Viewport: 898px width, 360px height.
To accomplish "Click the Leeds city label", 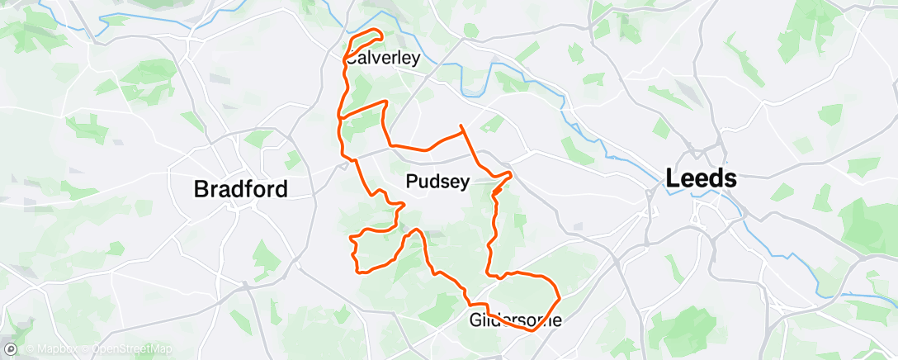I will pos(702,178).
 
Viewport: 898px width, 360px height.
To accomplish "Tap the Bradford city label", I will pos(240,189).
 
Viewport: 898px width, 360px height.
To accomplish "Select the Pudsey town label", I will pos(438,182).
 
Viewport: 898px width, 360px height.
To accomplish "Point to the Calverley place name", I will pos(382,59).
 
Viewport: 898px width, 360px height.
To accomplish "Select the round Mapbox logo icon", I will pos(11,349).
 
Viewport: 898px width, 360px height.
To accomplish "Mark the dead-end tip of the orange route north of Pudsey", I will pos(460,125).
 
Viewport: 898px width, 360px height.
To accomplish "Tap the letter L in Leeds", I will pos(673,178).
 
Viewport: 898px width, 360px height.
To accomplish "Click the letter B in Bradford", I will pos(201,189).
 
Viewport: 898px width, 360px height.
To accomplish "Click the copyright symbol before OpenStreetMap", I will pos(88,349).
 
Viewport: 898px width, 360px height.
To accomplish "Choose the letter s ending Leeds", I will pos(730,178).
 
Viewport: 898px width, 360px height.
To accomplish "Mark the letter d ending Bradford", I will pos(281,189).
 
